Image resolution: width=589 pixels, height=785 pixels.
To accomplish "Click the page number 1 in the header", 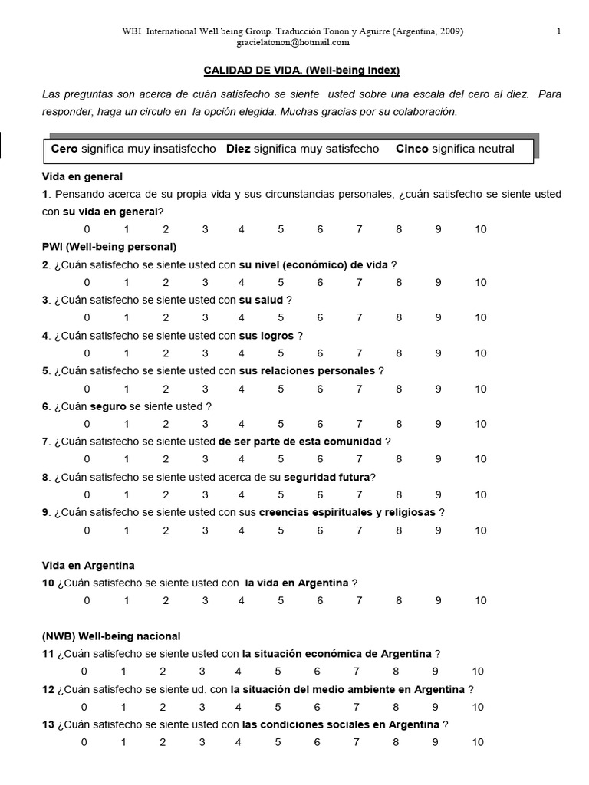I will [x=558, y=31].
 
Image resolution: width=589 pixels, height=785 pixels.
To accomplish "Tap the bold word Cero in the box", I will [x=64, y=149].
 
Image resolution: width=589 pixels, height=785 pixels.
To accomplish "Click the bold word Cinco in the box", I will [x=412, y=149].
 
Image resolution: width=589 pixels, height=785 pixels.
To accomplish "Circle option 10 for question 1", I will [x=480, y=229].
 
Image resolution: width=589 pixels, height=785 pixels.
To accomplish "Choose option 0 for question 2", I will [x=87, y=282].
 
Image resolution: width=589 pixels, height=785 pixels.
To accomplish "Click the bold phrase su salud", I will [x=261, y=300].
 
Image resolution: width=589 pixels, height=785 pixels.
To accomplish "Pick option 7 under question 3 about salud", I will [x=359, y=317].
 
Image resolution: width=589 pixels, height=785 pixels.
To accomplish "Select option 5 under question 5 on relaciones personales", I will [x=281, y=388].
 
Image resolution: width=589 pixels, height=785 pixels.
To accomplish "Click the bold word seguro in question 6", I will [x=107, y=406].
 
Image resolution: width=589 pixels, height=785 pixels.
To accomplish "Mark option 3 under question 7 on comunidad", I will [x=205, y=458].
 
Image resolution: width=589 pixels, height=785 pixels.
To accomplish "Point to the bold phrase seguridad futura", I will [x=327, y=477].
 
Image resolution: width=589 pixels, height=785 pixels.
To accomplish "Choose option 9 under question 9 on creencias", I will [x=438, y=530].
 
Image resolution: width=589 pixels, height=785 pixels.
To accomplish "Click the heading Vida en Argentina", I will [x=88, y=565].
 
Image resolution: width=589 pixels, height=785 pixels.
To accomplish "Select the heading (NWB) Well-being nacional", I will [x=111, y=636].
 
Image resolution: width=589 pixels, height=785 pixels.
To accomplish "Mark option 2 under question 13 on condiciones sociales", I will [x=163, y=741].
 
